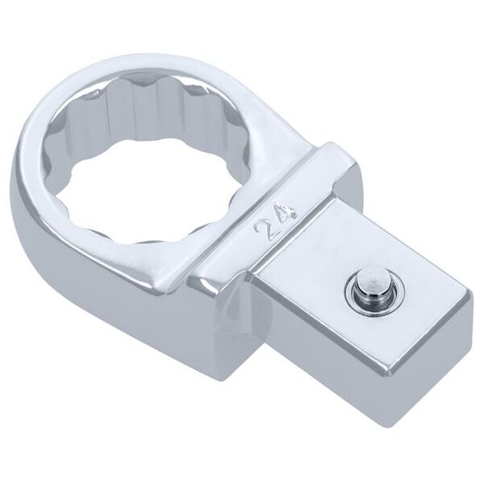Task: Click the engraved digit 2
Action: pos(261,227)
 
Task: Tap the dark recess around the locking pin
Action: pos(370,290)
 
